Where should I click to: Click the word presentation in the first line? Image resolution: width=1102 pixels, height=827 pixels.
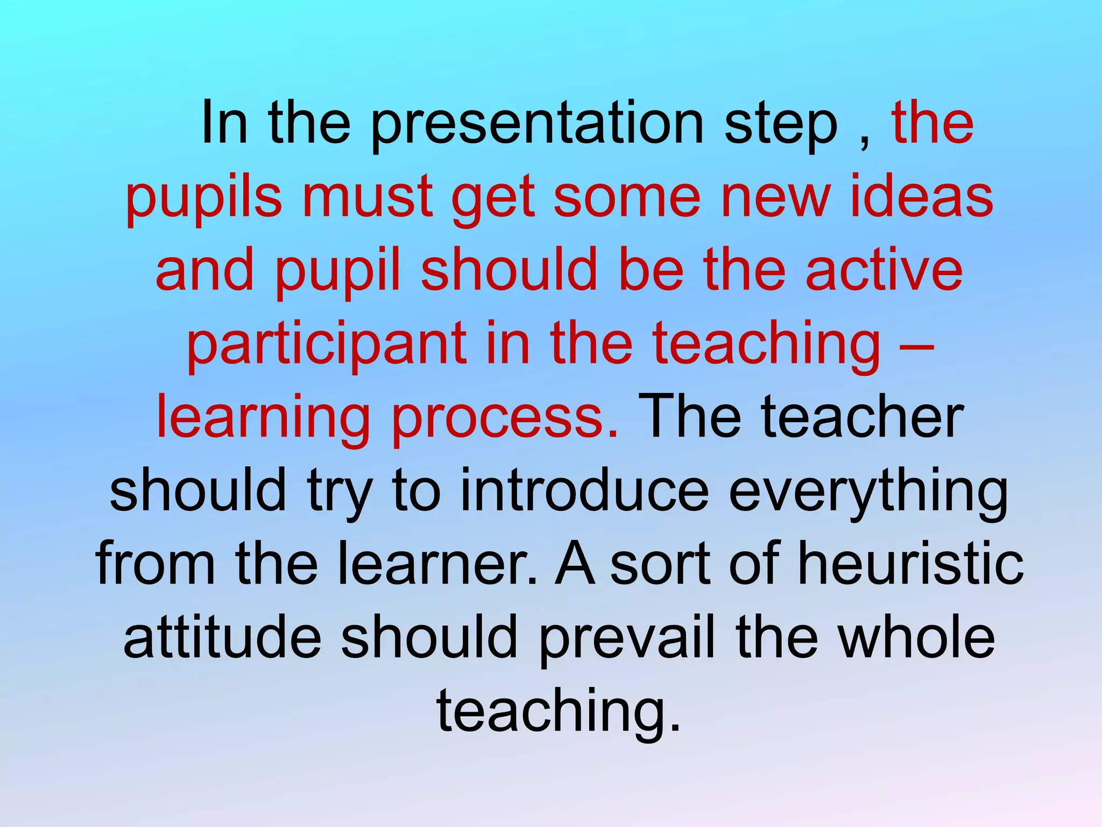pos(537,125)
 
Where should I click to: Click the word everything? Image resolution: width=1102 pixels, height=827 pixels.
pos(868,493)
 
